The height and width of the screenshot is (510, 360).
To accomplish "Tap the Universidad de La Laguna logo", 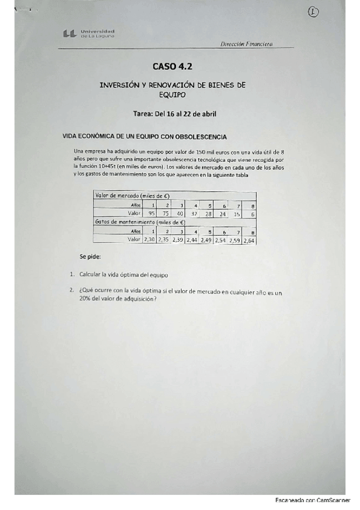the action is (x=88, y=34).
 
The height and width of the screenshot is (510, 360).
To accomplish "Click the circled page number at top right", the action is (x=312, y=12).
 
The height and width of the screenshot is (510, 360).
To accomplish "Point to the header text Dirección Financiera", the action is (x=247, y=43).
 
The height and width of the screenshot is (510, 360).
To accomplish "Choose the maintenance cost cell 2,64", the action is (x=250, y=239).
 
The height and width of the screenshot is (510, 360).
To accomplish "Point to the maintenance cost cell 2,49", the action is (x=206, y=239).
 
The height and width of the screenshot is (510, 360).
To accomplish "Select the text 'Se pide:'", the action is (x=90, y=257).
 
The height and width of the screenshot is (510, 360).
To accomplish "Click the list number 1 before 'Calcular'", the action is (x=72, y=274).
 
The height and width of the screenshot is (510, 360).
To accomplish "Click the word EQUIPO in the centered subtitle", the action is (x=172, y=94).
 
